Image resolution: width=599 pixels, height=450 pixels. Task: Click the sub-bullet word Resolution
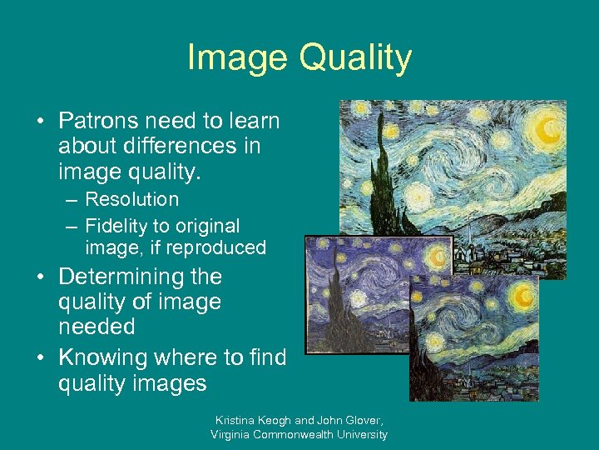[131, 199]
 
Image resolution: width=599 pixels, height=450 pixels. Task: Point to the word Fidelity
[114, 226]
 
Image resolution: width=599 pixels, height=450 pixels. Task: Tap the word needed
[97, 327]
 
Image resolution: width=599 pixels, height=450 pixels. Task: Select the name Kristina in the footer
[236, 421]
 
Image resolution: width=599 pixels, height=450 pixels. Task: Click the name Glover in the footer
[364, 421]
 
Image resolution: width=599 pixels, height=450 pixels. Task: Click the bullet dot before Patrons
[39, 122]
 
